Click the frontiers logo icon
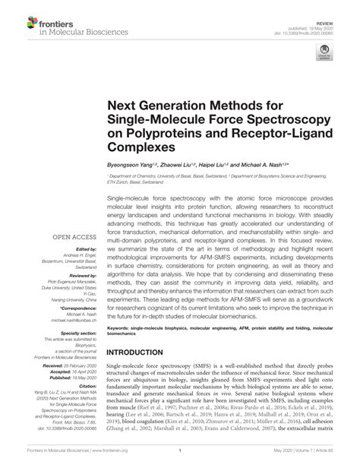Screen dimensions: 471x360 click(x=17, y=16)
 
